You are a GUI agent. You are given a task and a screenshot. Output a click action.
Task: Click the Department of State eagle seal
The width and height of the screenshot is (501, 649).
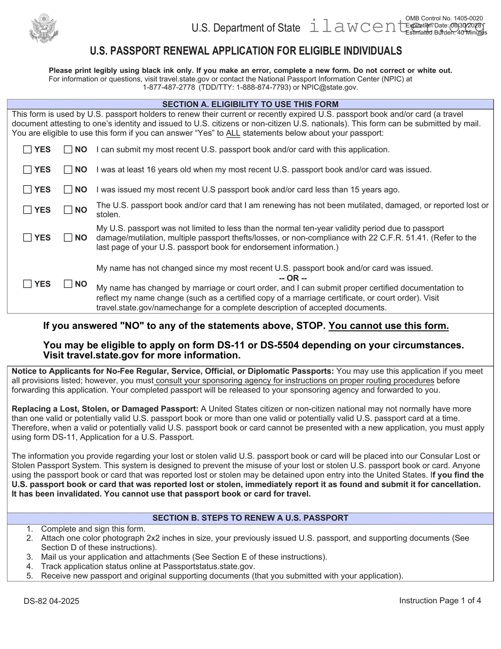click(44, 28)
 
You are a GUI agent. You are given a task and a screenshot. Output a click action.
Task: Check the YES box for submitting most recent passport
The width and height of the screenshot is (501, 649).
click(27, 150)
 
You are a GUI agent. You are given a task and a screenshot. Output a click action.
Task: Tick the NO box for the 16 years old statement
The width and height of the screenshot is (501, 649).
click(68, 170)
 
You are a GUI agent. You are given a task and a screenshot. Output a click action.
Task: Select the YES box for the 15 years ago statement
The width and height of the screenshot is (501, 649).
click(27, 189)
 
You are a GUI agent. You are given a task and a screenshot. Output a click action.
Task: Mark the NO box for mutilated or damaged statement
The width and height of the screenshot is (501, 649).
click(68, 210)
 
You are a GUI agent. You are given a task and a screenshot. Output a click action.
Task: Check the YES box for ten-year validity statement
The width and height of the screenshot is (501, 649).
click(27, 237)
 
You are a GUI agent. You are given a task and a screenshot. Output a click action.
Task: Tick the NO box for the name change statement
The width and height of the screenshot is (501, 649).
click(68, 284)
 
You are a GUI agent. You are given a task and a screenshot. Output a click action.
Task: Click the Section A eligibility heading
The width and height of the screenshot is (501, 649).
click(250, 104)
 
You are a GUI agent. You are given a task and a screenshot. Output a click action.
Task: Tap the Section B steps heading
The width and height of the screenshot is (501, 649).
click(250, 518)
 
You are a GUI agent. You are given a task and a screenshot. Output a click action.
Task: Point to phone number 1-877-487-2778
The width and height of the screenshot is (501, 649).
click(169, 87)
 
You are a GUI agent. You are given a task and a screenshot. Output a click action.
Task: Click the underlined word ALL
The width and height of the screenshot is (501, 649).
click(233, 133)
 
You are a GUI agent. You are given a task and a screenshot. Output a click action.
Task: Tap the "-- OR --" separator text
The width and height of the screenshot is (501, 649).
click(293, 278)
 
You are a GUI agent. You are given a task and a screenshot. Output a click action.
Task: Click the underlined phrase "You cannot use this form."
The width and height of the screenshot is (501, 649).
click(388, 326)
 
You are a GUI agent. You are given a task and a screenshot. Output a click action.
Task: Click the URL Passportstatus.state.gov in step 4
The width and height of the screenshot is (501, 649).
click(208, 566)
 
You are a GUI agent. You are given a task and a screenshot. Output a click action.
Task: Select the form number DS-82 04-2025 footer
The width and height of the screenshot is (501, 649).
click(51, 601)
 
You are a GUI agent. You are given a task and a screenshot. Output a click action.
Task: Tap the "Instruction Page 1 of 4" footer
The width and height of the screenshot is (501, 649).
click(440, 601)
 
